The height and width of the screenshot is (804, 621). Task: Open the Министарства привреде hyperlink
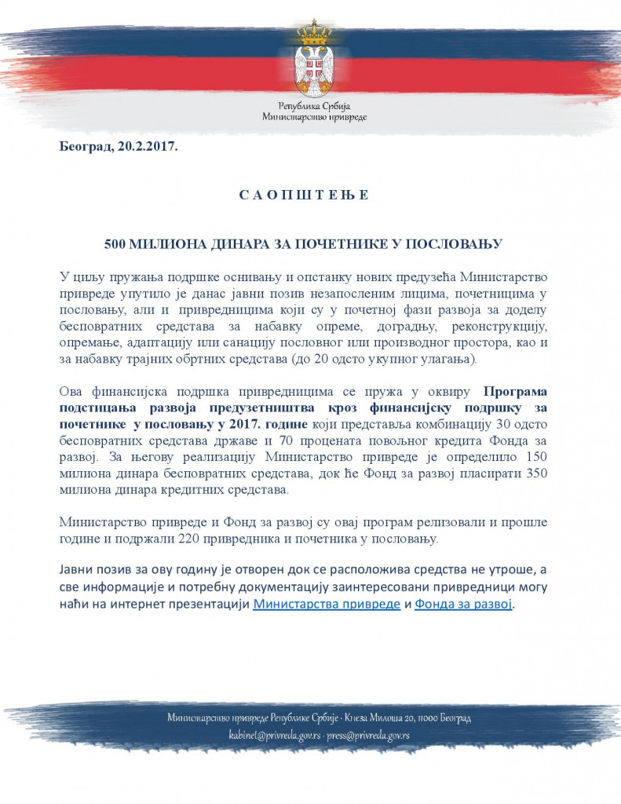[327, 605]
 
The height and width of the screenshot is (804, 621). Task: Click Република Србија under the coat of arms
[314, 105]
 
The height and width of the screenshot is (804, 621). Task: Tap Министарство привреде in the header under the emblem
[314, 116]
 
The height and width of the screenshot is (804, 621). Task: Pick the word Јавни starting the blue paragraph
[78, 569]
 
